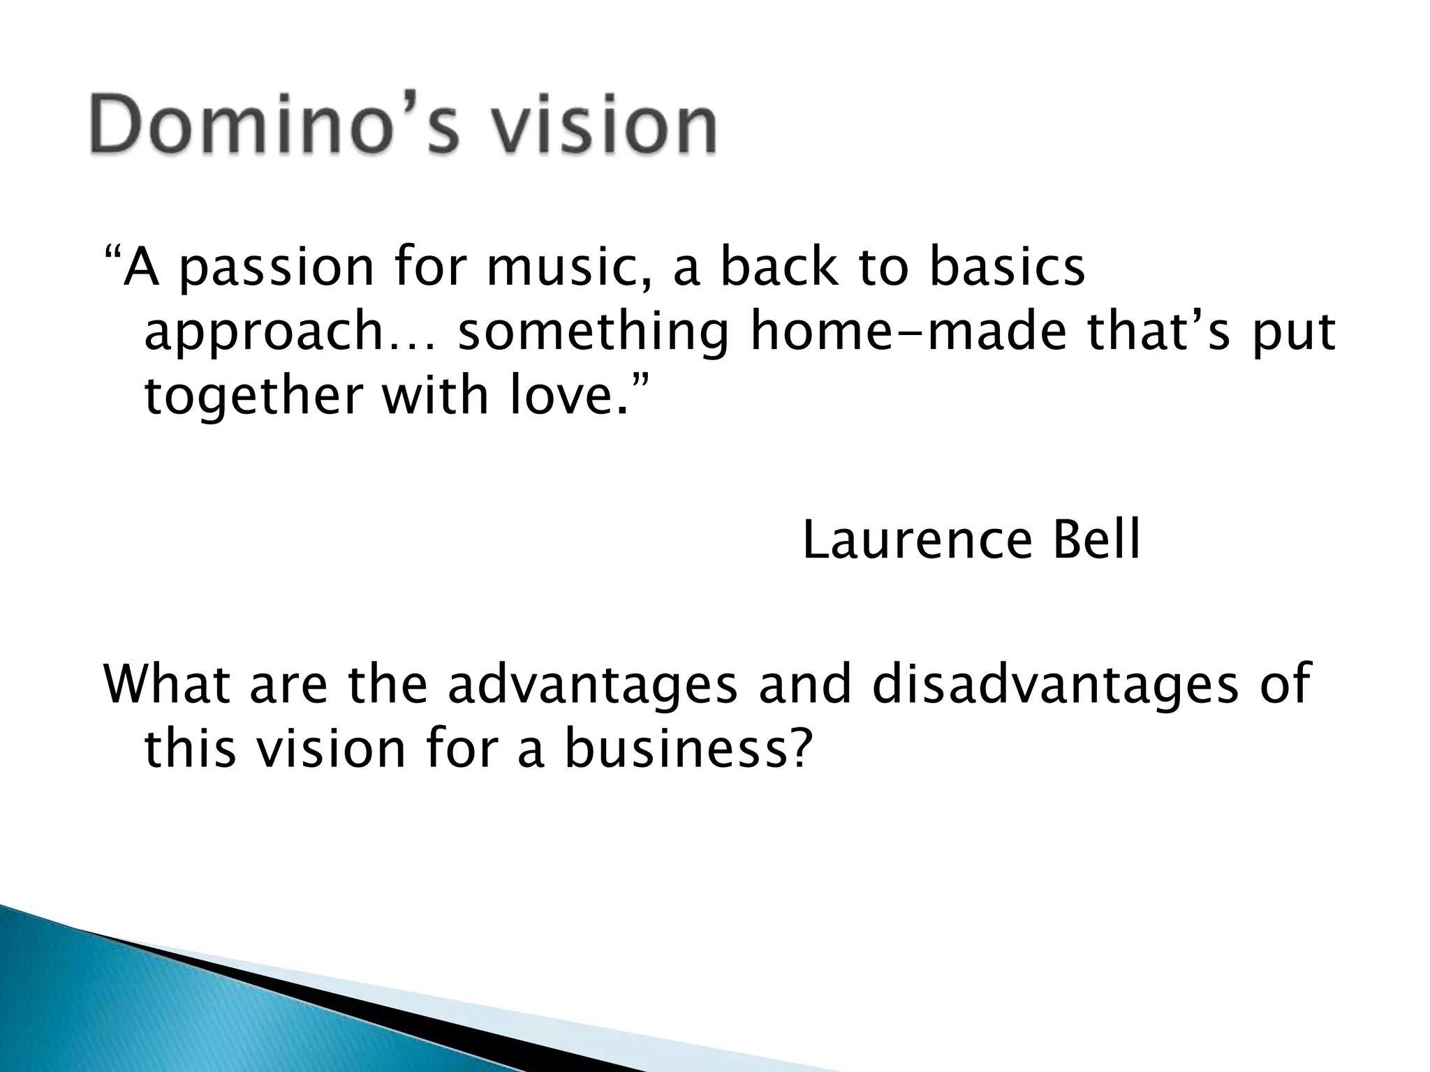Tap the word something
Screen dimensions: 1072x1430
pos(593,334)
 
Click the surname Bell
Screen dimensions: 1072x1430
pos(1096,541)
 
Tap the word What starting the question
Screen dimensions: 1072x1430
pos(167,684)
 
